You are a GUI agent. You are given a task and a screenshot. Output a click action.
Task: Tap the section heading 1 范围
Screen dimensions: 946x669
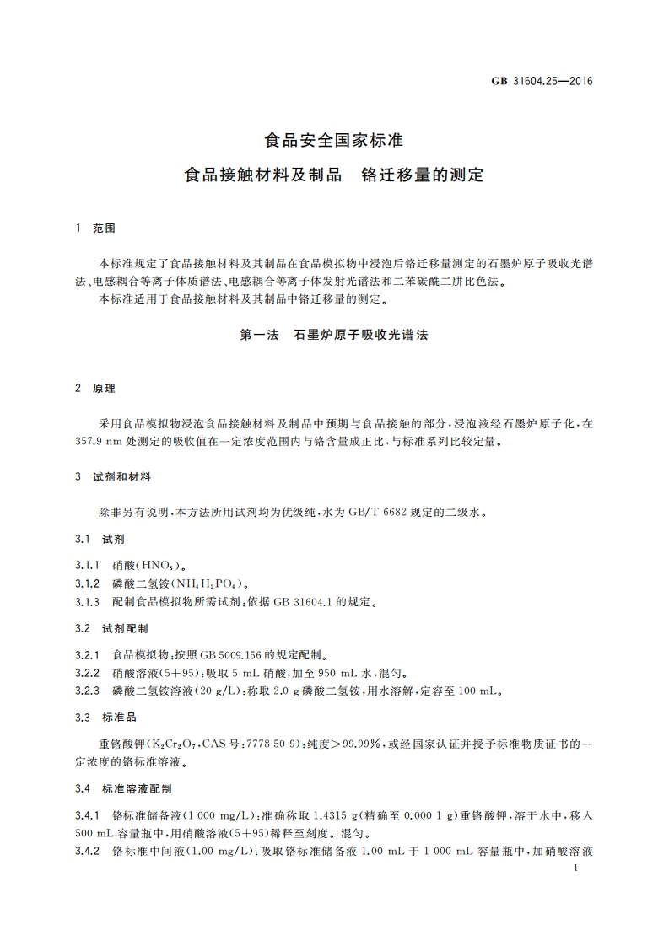pos(94,228)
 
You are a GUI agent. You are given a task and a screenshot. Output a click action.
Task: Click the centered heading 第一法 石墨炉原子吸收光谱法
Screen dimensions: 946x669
pos(334,335)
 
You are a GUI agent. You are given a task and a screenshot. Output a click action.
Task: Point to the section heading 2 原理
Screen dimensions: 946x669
pos(94,389)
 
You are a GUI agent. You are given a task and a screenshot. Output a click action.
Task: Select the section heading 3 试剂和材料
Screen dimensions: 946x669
pos(113,476)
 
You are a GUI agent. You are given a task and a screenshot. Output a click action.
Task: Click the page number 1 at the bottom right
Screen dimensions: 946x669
pos(573,868)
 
